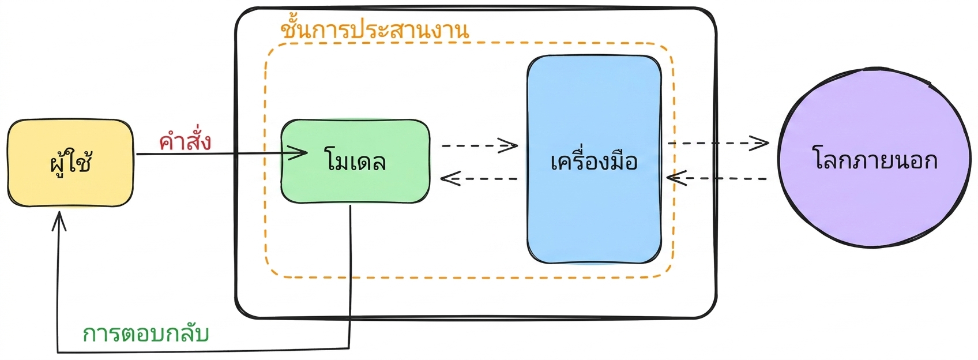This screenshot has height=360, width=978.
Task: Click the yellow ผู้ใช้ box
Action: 70,163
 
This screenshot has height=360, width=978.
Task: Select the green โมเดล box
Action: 355,161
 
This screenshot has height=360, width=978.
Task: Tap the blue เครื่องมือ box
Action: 594,159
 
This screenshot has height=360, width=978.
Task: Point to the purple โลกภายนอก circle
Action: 875,157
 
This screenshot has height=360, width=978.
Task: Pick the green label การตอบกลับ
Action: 146,334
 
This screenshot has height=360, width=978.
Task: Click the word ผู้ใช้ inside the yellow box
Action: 70,163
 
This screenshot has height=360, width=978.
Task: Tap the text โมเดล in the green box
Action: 355,161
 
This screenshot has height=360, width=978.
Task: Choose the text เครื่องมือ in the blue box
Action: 594,160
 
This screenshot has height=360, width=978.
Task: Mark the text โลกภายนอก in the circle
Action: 875,159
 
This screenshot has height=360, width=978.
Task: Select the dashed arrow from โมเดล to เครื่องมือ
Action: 480,145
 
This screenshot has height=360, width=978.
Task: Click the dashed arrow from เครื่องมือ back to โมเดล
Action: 479,178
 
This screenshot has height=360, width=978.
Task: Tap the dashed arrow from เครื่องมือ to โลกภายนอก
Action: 719,143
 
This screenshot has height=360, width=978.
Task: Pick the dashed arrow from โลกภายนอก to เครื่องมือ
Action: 717,178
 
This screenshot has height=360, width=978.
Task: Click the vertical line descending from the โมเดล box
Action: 350,276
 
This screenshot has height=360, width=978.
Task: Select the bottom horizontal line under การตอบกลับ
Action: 204,350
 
